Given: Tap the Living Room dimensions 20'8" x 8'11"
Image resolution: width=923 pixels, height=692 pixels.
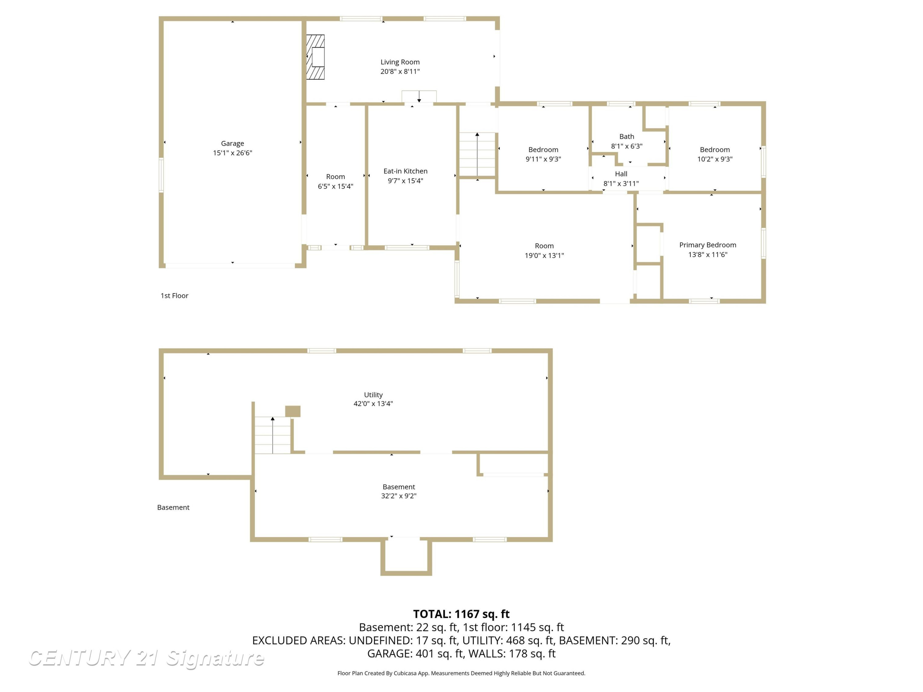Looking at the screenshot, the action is [400, 71].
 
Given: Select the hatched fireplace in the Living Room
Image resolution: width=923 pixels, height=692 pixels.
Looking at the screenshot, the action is [315, 57].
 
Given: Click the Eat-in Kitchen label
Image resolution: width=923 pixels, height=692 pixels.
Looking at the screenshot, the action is [405, 171].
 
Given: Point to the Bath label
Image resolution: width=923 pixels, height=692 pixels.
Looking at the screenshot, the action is [626, 136].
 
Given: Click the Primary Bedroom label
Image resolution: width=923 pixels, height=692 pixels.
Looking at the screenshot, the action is [707, 245].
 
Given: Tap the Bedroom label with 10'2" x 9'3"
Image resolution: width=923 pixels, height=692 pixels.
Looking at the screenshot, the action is [714, 149].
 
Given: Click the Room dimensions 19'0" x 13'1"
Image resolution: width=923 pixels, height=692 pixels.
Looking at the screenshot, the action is [544, 255].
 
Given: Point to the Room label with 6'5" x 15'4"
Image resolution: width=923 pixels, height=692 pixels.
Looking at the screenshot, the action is [335, 177].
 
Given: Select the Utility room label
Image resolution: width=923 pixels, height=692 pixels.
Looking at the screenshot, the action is [373, 395].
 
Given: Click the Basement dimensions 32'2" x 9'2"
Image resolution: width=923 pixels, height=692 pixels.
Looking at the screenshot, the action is [398, 495].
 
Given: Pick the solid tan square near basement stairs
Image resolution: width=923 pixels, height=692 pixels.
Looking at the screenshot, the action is [293, 411].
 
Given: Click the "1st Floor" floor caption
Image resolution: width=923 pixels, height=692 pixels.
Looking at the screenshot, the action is [174, 295].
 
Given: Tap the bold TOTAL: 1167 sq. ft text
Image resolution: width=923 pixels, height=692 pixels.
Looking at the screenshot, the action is [461, 614].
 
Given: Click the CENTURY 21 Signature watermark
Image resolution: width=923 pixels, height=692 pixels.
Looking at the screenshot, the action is [146, 658].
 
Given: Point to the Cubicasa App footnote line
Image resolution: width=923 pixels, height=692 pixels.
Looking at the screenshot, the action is [461, 673].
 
